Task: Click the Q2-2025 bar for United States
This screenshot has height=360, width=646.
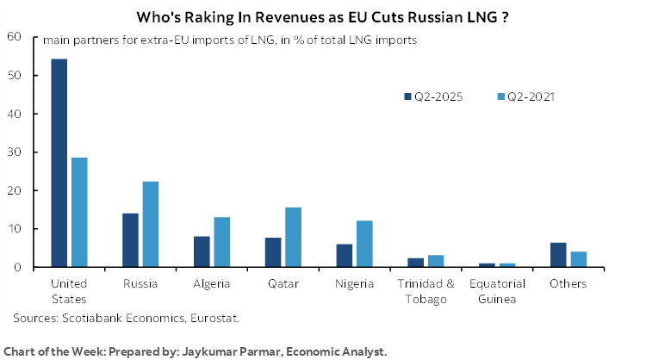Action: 59,163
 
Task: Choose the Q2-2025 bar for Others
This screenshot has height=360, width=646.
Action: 557,255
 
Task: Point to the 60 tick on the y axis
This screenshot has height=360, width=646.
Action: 14,36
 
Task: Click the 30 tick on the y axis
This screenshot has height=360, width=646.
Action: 14,152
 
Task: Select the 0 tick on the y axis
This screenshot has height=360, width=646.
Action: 17,268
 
